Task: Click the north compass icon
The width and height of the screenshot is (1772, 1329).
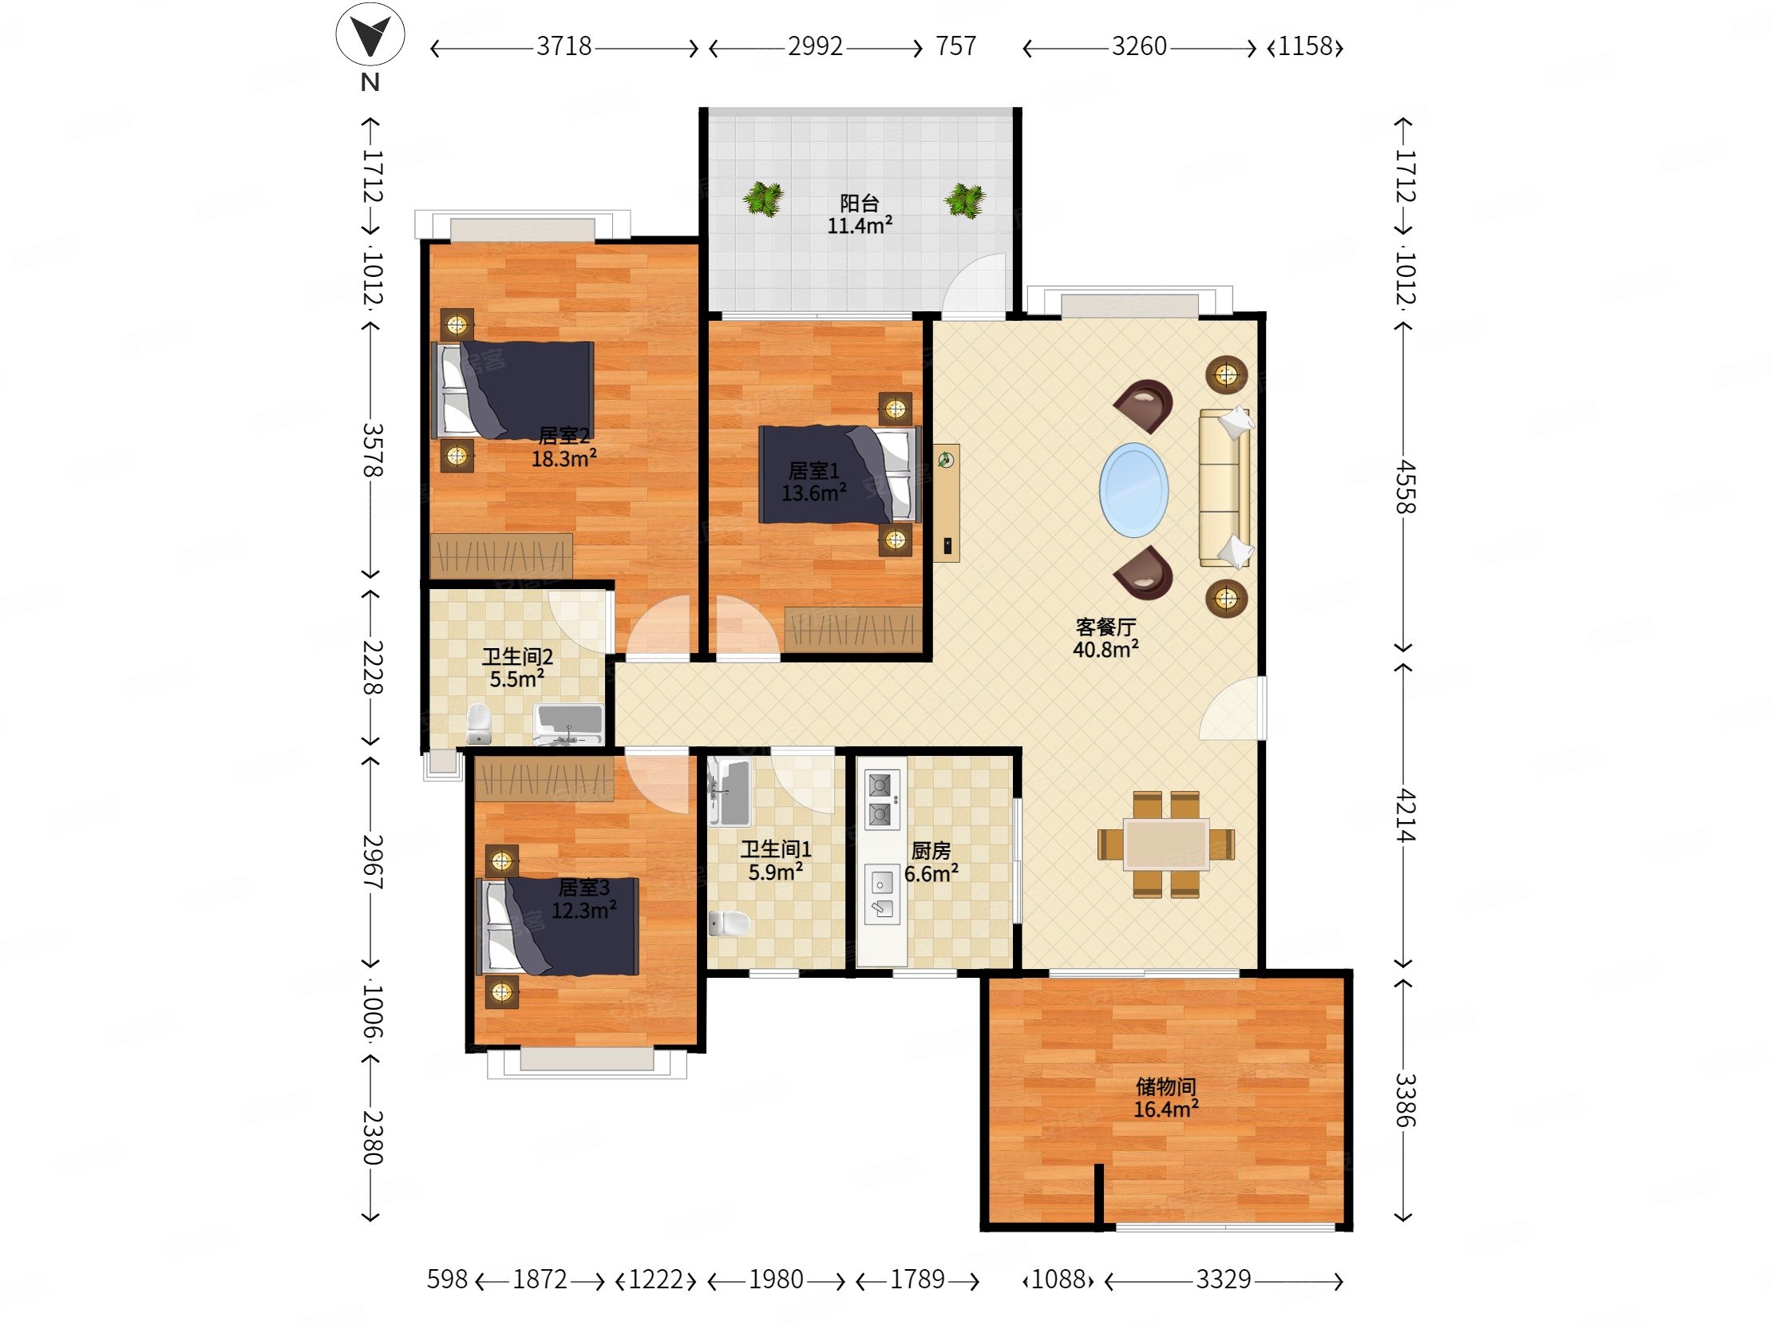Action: coord(370,34)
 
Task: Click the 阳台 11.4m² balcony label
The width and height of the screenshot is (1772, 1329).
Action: coord(860,214)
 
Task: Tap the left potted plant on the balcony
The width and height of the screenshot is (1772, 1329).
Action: coord(761,199)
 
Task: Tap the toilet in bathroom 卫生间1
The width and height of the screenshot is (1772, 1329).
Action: coord(729,923)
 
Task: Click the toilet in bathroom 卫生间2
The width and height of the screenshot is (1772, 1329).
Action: coord(478,724)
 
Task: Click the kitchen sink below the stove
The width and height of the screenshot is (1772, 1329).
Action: coord(881,896)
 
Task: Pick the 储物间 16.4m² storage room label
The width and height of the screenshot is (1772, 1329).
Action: coord(1165,1098)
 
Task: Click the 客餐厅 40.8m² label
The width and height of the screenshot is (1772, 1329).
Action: coord(1106,638)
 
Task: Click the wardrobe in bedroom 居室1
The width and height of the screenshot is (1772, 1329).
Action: coord(854,629)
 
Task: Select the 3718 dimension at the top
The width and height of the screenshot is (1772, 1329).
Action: coord(564,46)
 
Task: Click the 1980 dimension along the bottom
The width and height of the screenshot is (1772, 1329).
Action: coord(777,1280)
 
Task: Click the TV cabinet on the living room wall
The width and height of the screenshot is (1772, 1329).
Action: coord(946,503)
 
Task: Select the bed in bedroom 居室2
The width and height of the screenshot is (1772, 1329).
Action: coord(512,390)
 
